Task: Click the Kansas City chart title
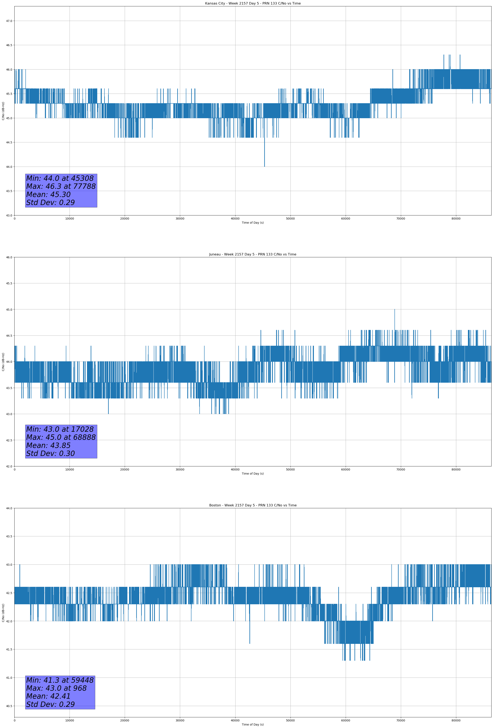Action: (x=253, y=3)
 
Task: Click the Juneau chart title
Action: (x=253, y=254)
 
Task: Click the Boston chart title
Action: (x=253, y=505)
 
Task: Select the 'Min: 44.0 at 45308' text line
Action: (x=60, y=178)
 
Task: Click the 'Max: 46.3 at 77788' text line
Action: (x=61, y=186)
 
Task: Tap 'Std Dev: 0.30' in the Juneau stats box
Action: (x=50, y=454)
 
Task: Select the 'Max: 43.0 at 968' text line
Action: (x=56, y=688)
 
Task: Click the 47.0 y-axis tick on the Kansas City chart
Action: (x=9, y=21)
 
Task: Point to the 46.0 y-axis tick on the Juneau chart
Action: (x=9, y=258)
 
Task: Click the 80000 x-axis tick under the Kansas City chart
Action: (x=456, y=219)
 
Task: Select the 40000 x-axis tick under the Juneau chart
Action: (x=235, y=469)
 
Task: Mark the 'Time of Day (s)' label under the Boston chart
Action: (x=253, y=725)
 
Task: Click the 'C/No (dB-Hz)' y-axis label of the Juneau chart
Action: (x=3, y=362)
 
